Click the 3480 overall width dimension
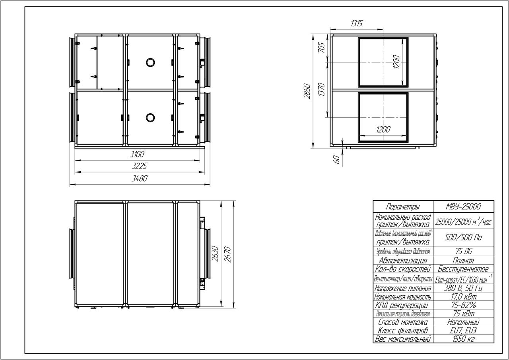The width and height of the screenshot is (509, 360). click(140, 178)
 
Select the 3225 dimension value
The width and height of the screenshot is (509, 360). click(139, 166)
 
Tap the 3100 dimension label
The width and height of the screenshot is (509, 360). click(137, 154)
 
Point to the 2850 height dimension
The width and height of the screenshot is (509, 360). click(307, 91)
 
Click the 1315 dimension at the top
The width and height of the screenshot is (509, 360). click(357, 23)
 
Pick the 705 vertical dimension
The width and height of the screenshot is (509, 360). click(321, 48)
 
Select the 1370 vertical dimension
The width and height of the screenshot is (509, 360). click(321, 89)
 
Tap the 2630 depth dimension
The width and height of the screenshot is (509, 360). click(215, 254)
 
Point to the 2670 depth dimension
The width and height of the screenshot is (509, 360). click(227, 254)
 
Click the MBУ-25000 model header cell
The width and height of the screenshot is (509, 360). click(463, 207)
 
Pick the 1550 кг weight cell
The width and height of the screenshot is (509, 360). click(463, 339)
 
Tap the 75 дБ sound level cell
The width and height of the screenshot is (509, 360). click(463, 251)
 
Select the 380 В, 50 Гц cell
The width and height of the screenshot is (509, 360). click(463, 288)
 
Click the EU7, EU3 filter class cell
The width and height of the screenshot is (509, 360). click(463, 331)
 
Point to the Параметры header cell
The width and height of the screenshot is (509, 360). click(403, 207)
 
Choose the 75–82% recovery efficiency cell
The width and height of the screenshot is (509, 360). click(463, 305)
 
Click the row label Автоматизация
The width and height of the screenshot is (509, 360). click(403, 261)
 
